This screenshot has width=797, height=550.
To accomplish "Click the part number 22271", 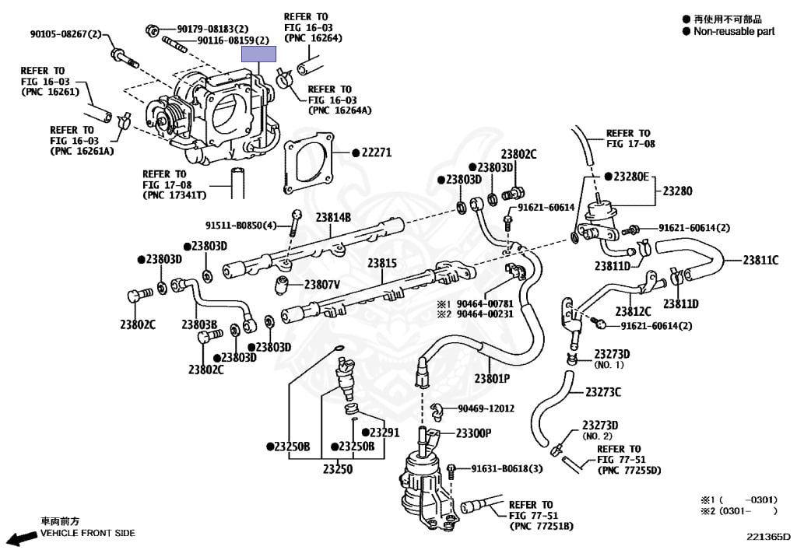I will click(379, 153).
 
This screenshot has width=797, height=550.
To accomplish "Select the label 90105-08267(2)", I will click(66, 34).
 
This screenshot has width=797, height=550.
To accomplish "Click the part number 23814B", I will click(333, 217).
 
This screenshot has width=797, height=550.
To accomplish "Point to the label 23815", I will click(382, 264).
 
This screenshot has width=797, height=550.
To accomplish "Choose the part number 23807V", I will click(322, 285).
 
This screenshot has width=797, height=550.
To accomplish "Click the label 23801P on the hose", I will click(492, 378).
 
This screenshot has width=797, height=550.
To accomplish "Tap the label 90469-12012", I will click(486, 408).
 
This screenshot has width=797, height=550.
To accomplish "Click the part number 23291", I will click(384, 432).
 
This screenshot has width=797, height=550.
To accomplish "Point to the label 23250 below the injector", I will click(338, 469).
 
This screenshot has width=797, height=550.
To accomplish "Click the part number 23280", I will click(677, 191).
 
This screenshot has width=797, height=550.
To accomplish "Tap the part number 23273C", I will click(603, 391).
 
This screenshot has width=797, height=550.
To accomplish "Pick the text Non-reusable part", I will click(734, 32).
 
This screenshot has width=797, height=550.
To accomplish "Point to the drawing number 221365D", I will click(768, 536).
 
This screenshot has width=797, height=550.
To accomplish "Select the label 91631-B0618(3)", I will click(510, 468).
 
